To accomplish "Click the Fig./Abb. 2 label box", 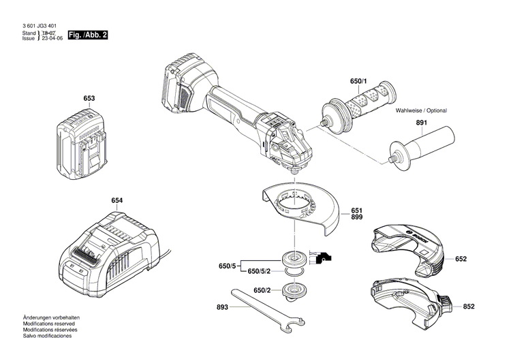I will click(x=89, y=34).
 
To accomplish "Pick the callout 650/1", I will click(x=358, y=82).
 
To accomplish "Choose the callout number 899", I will click(x=357, y=217).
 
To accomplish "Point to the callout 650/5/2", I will click(x=260, y=271).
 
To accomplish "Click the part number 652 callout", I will click(x=461, y=259).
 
